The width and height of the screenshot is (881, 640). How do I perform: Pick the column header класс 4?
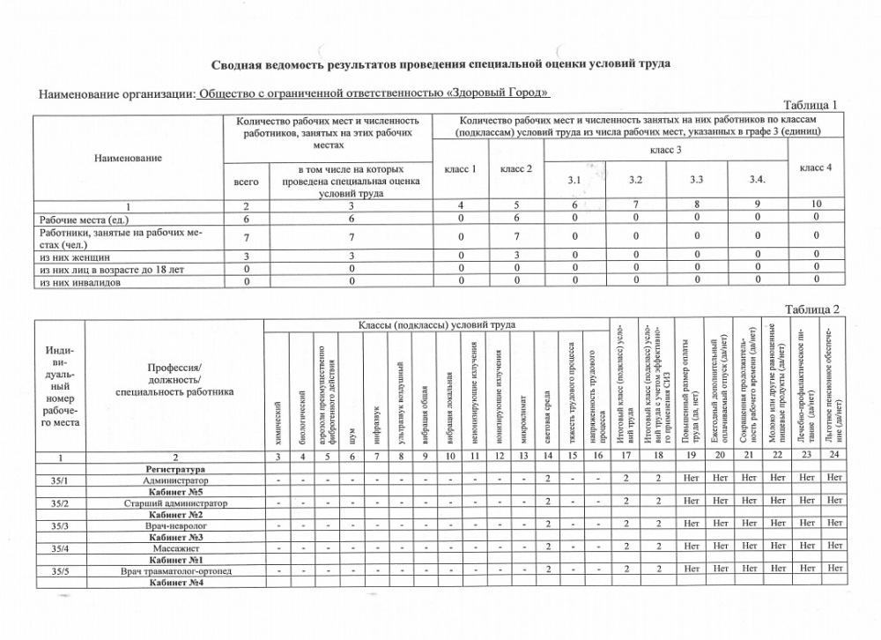coord(816,167)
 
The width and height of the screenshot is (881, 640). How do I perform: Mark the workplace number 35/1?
coord(60,480)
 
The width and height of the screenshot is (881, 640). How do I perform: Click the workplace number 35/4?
coord(60,548)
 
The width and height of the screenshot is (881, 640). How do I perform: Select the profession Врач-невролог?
coord(176,525)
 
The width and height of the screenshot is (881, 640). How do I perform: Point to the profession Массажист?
coord(176,548)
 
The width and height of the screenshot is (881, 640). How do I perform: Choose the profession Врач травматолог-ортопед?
coord(176,571)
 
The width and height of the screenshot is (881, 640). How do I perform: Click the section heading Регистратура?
coord(176,469)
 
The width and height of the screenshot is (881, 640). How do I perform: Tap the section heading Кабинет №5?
coord(176,492)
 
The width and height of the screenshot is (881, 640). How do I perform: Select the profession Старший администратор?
coord(176,503)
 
